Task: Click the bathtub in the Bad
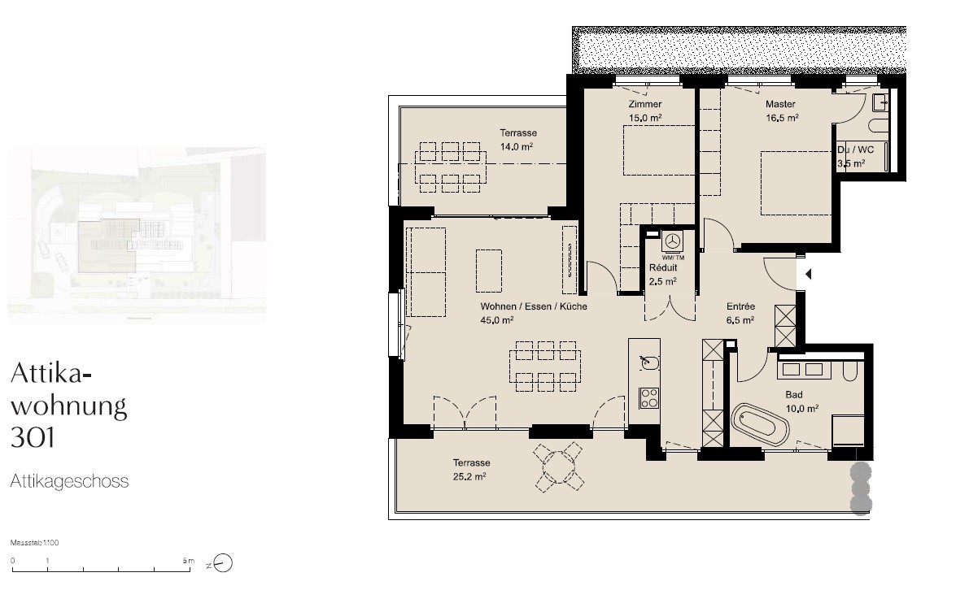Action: [x=760, y=425]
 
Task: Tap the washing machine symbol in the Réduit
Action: [x=672, y=241]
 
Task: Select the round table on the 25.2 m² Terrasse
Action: [x=559, y=467]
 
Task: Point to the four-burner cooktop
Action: [x=649, y=398]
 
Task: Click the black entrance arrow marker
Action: [x=808, y=274]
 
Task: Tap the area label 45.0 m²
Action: [x=497, y=319]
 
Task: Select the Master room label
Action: [x=780, y=104]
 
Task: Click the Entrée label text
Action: [x=740, y=306]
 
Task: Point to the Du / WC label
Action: [x=855, y=150]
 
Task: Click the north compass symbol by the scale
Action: [x=222, y=563]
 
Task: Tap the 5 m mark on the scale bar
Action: [x=189, y=561]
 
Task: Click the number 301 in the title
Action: [x=33, y=437]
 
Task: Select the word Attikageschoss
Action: [x=69, y=481]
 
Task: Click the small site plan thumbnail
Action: [x=137, y=236]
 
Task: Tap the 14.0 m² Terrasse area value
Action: [x=517, y=147]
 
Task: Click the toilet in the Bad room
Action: [x=850, y=371]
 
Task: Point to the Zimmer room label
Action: [x=645, y=104]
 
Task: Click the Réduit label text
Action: [x=663, y=268]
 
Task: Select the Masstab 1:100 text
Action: [x=35, y=543]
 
